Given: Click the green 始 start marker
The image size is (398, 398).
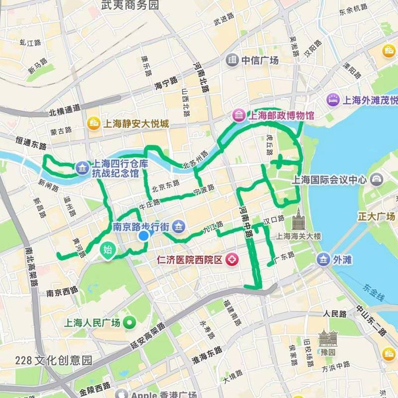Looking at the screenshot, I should (107, 250).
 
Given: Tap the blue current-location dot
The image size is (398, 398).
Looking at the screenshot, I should (144, 236).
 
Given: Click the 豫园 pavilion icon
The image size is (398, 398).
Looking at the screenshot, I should (328, 338).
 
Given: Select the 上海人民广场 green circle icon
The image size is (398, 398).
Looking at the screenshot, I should (131, 322).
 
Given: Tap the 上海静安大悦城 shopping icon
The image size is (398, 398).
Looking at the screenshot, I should (93, 123).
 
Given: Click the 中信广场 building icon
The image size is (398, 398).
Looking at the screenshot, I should (232, 60).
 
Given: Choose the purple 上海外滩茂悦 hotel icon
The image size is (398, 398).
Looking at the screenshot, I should (332, 99).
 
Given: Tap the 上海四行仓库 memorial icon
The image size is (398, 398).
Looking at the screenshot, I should (81, 168).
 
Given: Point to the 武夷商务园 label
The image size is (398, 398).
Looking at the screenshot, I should (129, 5).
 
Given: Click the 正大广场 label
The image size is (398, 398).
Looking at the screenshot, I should (376, 217).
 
